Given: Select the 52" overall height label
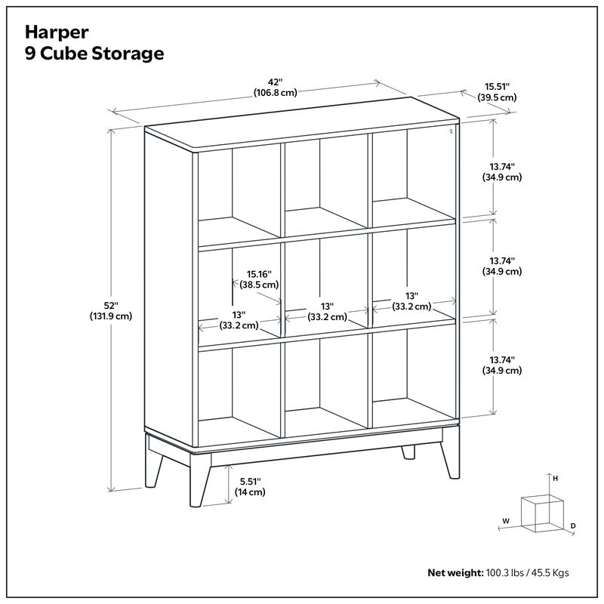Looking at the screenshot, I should (111, 311).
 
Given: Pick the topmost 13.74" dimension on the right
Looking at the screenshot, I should (502, 171).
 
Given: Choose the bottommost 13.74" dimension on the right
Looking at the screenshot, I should (502, 365).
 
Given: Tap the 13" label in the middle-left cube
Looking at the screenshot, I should (239, 319).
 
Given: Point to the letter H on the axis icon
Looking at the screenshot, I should (555, 479).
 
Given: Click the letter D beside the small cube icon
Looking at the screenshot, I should (573, 525).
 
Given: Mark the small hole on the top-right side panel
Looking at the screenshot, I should (451, 131).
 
